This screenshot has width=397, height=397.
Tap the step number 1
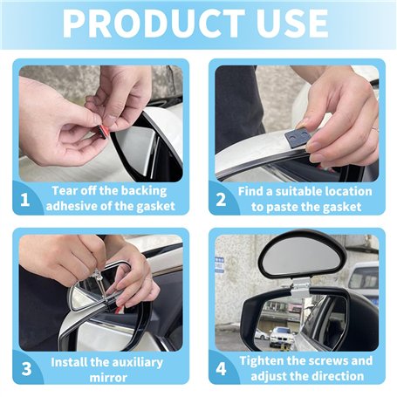(25, 200)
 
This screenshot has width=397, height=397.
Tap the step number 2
(221, 200)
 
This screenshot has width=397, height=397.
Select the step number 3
(26, 369)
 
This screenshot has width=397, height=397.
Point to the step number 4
(221, 369)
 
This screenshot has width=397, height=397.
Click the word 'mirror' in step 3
(108, 378)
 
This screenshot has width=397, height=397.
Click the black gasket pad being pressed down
(298, 136)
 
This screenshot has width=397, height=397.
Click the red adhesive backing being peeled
(99, 130)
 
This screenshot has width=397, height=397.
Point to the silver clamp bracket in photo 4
(299, 286)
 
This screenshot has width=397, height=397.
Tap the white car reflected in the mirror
(282, 337)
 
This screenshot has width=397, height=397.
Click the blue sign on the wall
(220, 265)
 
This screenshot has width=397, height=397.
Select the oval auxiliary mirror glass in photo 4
(302, 257)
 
